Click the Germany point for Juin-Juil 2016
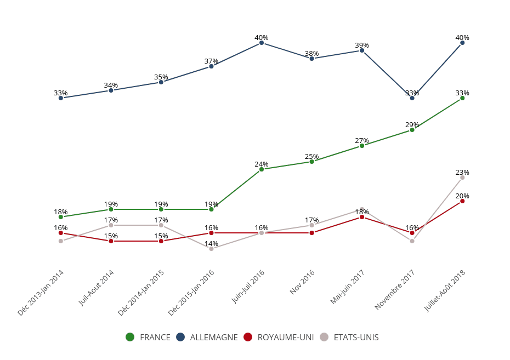262,43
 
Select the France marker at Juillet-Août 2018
462,98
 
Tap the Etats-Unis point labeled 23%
462,178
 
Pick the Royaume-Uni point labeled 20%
462,201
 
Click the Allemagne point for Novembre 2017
412,98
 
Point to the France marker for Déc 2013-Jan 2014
61,217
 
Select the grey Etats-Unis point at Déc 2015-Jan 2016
211,249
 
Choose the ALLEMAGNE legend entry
207,338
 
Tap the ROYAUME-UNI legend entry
279,338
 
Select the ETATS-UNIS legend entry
349,338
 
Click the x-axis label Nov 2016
303,282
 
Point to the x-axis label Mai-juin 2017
348,287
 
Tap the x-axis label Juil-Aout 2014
97,288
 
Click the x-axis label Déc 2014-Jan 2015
141,293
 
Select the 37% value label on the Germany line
211,61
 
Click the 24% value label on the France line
262,164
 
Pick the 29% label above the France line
412,125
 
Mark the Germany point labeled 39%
362,50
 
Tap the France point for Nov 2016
311,162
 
